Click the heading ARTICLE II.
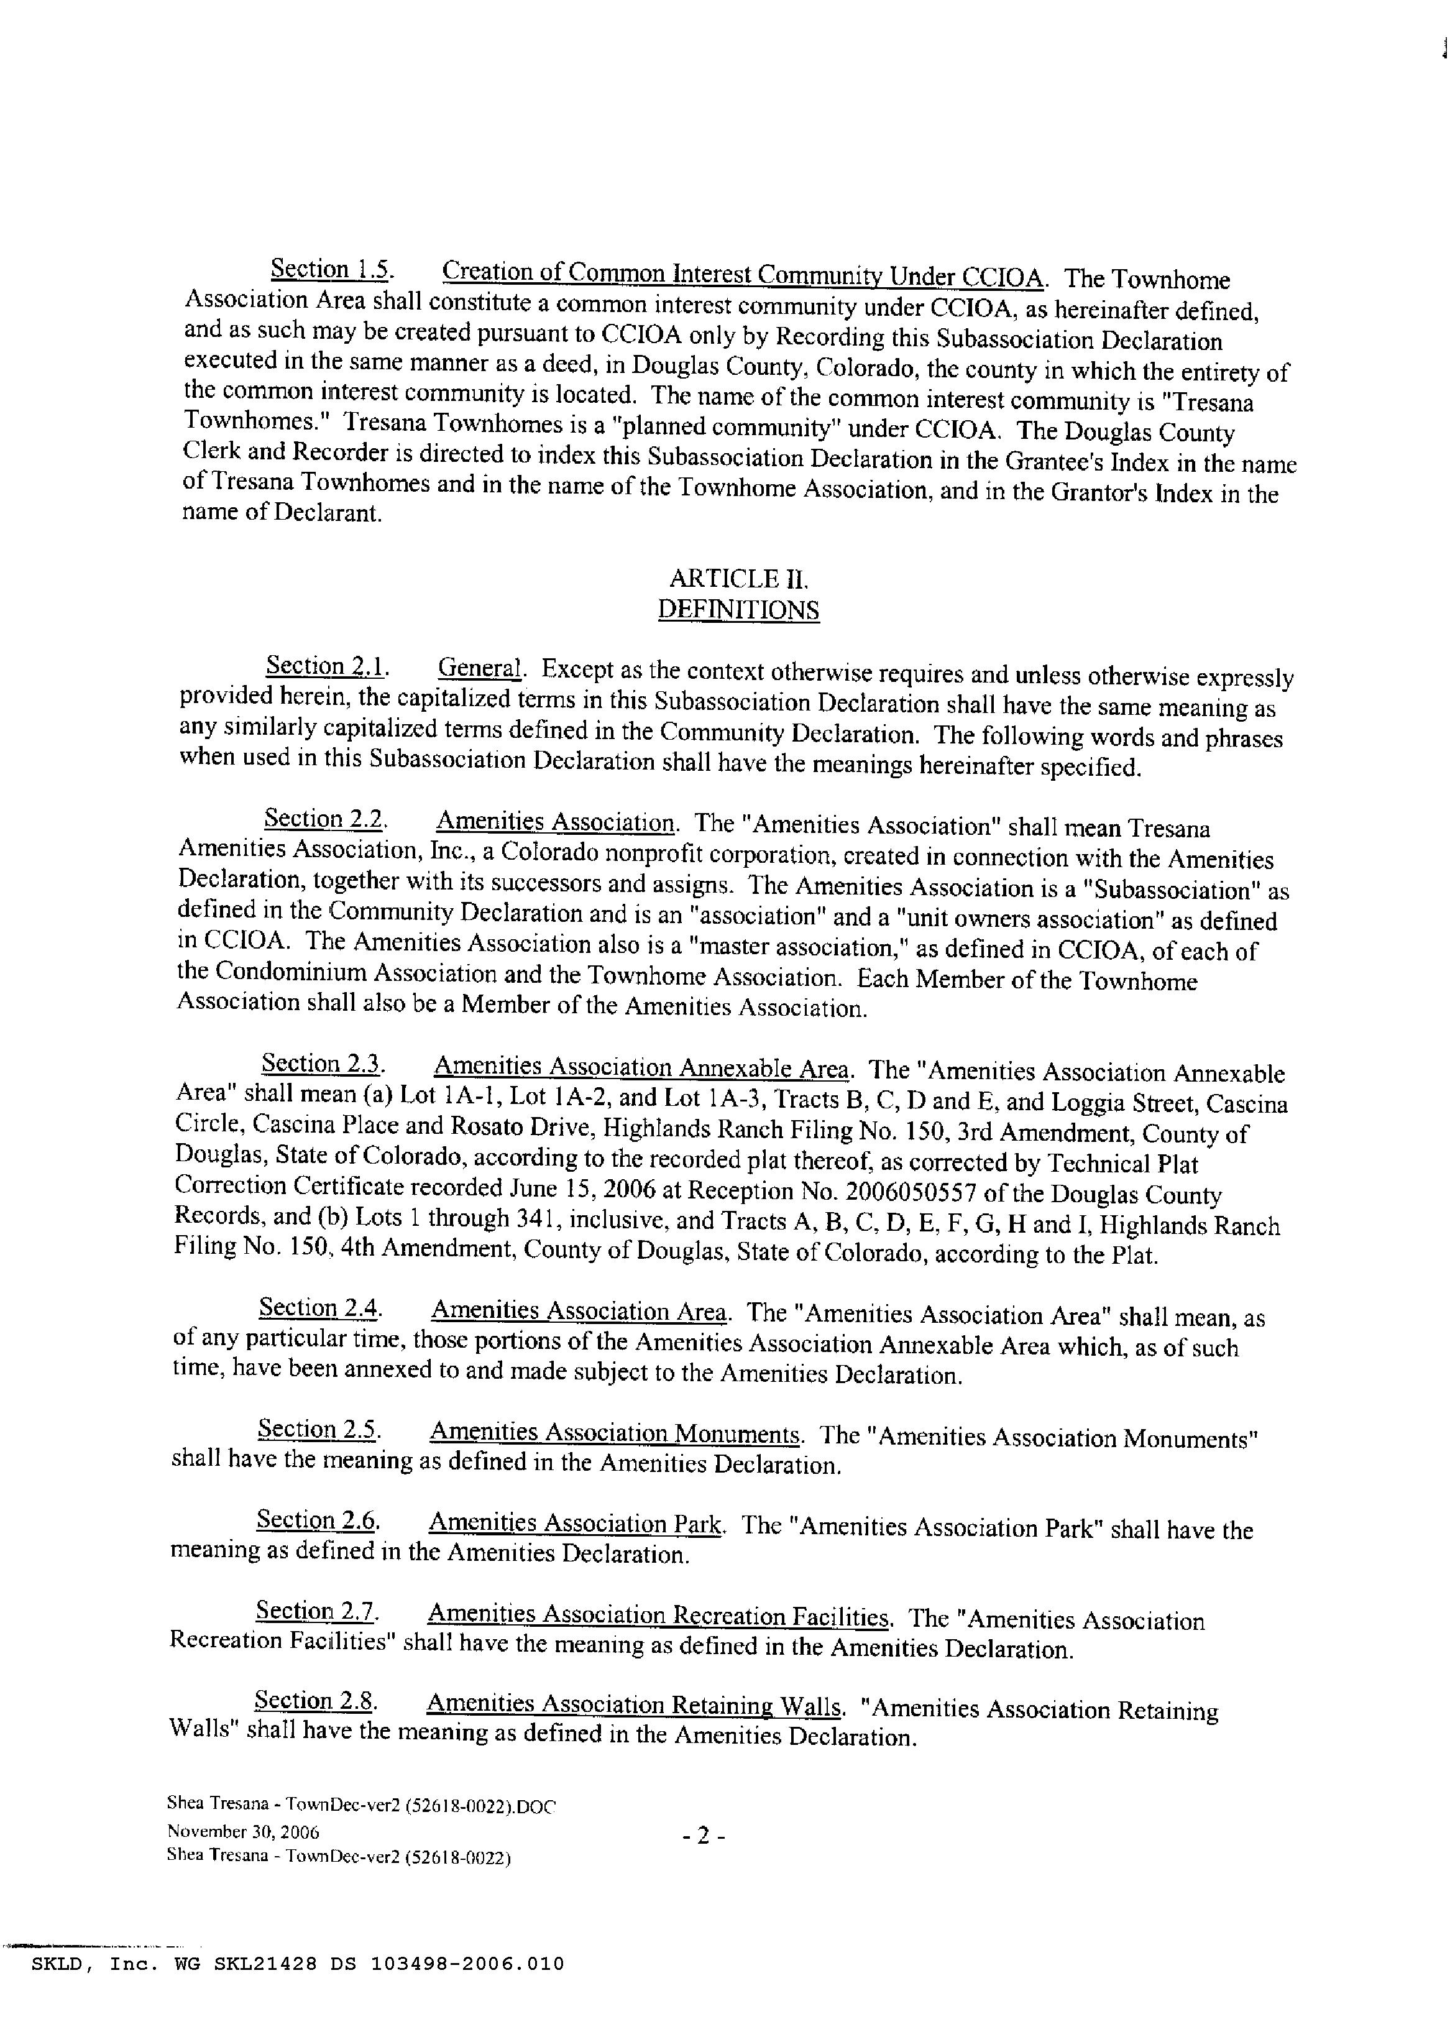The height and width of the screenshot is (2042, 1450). pyautogui.click(x=738, y=579)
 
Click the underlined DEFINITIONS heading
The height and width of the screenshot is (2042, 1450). pyautogui.click(x=738, y=610)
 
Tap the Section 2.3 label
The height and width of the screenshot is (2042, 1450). pyautogui.click(x=323, y=1064)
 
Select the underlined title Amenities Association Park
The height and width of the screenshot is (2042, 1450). pyautogui.click(x=575, y=1523)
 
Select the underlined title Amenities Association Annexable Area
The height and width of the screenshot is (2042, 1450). pyautogui.click(x=641, y=1068)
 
